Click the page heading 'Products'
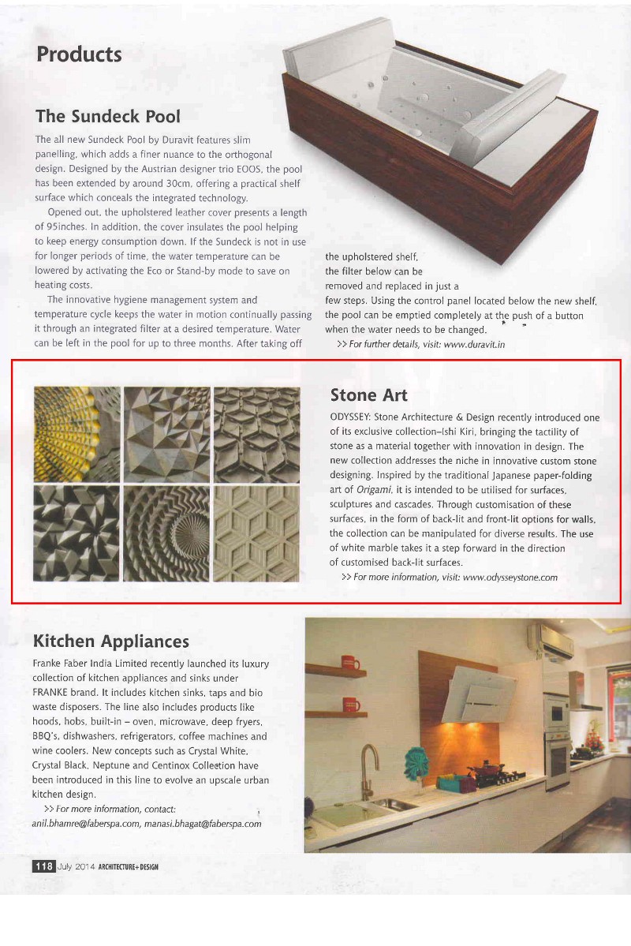(79, 54)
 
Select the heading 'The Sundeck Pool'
(107, 116)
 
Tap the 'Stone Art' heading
(368, 394)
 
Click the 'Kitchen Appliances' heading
(111, 640)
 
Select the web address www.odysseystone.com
(510, 577)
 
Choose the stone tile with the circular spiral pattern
(167, 533)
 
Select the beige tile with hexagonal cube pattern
(257, 533)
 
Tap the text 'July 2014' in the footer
(76, 866)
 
